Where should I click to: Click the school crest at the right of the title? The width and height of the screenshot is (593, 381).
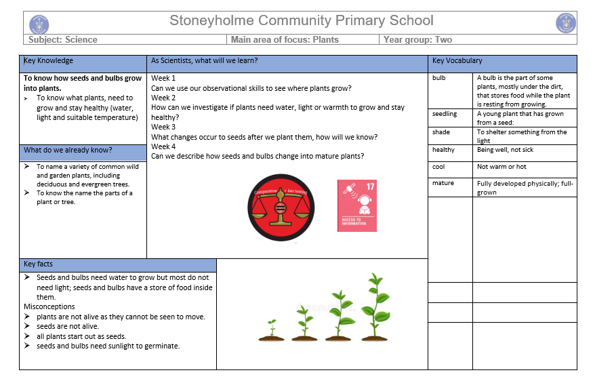[x=565, y=23]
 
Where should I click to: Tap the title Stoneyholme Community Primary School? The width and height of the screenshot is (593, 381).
[x=301, y=21]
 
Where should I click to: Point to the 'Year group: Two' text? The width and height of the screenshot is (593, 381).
[x=417, y=40]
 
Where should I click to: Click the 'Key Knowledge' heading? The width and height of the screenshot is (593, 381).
[x=48, y=61]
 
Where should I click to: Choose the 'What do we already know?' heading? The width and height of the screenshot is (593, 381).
[x=68, y=150]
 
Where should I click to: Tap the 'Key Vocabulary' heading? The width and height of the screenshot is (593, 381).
[x=457, y=61]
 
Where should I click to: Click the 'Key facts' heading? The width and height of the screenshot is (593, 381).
[x=38, y=264]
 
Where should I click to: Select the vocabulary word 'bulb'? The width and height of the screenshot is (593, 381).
[x=439, y=78]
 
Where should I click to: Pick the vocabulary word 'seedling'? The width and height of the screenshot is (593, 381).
[x=445, y=114]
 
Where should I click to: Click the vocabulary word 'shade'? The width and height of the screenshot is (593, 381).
[x=441, y=132]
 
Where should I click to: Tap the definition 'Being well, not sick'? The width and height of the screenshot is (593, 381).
[x=505, y=150]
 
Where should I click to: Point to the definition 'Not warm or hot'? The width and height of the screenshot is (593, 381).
[x=502, y=167]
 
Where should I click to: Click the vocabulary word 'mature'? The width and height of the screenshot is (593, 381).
[x=443, y=183]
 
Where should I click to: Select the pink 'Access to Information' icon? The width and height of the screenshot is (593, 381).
[x=356, y=205]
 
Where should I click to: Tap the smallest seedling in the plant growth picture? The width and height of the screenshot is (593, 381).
[x=272, y=329]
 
